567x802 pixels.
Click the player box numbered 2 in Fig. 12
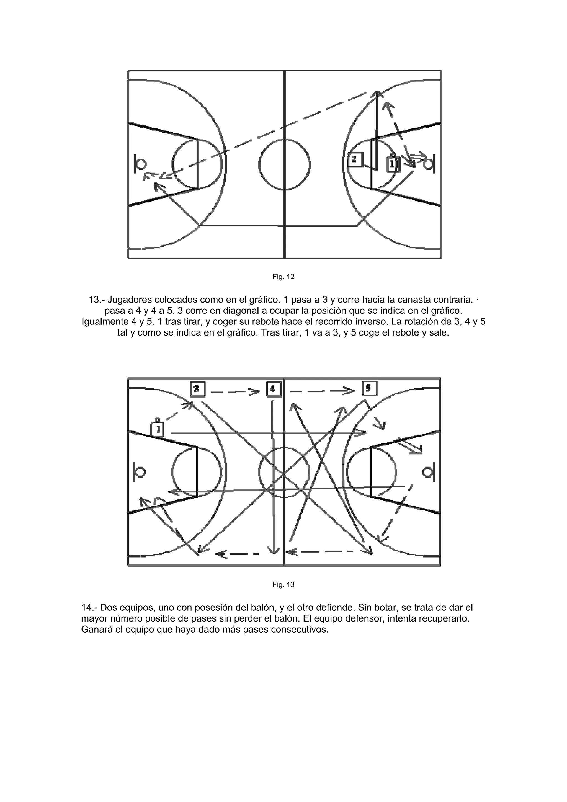coord(355,160)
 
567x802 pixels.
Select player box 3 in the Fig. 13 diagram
coord(197,389)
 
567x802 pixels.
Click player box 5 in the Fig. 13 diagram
coord(369,388)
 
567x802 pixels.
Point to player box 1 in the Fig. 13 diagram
coord(158,429)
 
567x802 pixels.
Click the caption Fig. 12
coord(283,277)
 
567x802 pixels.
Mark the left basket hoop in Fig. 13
coord(140,472)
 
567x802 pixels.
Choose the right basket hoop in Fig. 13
coord(427,472)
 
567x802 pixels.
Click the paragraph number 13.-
coord(97,300)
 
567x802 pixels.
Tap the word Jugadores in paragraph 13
coord(129,300)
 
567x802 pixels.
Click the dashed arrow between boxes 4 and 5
coord(321,391)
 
